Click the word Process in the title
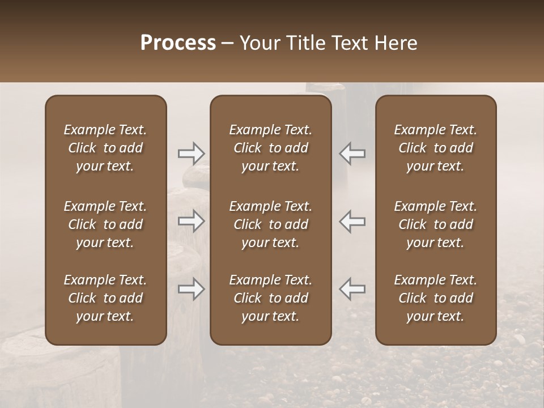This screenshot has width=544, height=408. point(178,43)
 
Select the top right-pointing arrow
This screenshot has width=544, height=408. point(191,153)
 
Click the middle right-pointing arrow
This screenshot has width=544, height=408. point(191,221)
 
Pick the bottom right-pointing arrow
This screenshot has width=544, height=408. point(191,289)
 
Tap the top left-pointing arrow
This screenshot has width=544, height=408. point(352,153)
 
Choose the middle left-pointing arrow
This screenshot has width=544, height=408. point(352,221)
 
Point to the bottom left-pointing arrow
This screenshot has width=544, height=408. point(352,289)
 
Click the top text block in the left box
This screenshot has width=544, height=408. point(105,148)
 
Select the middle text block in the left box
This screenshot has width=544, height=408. point(105,224)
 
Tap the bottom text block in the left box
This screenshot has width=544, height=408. point(105,298)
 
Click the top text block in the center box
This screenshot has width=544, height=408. point(271,148)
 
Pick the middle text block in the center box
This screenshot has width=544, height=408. point(271,224)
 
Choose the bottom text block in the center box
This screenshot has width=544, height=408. point(271,298)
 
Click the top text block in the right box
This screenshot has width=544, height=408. point(436,148)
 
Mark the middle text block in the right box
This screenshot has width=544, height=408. point(436,224)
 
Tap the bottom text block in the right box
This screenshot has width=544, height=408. point(436,298)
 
